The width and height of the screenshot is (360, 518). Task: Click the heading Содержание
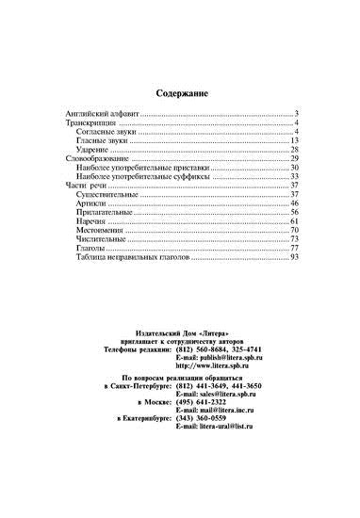pos(180,94)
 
